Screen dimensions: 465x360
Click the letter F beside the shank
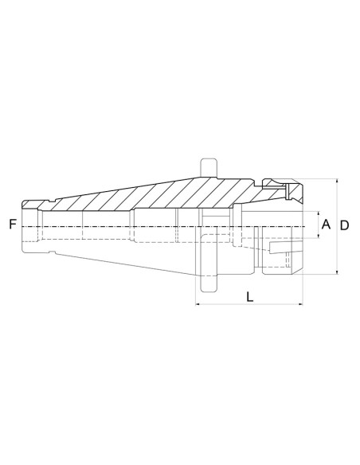(x=12, y=225)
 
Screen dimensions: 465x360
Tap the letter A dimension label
(x=325, y=225)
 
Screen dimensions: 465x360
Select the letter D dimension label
(x=344, y=225)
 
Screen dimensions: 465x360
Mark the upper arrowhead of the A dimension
(x=316, y=214)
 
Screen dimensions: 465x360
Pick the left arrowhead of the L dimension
(x=198, y=304)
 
